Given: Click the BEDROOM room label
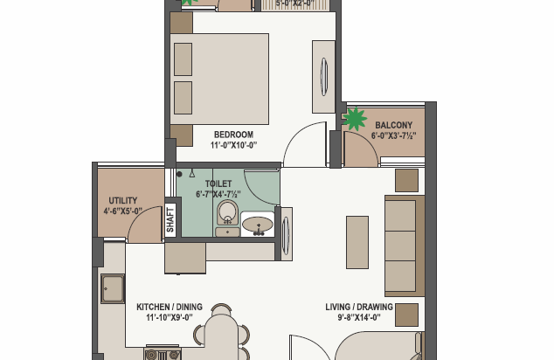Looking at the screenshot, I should (232, 135).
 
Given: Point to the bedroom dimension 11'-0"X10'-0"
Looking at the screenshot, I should (232, 146).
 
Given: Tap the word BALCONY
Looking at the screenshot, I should (393, 125).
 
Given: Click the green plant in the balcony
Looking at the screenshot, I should (354, 118).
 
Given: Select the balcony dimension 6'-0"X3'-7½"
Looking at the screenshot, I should (393, 136).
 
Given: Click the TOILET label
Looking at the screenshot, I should (218, 184).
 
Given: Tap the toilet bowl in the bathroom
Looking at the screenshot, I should (227, 215).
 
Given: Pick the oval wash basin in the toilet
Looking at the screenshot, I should (257, 225).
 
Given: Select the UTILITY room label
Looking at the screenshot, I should (122, 200).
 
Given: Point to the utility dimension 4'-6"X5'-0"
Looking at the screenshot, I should (122, 211).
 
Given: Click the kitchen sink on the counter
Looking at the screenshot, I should (112, 288).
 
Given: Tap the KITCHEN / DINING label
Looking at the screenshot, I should (169, 307).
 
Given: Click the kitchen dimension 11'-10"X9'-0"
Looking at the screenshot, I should (169, 318).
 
